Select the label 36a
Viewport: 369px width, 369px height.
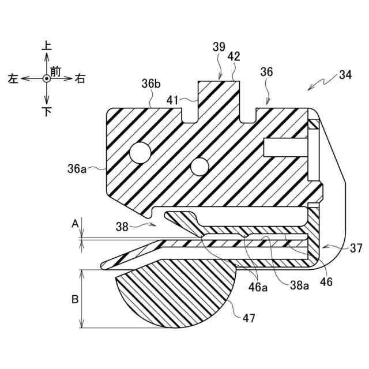[x=78, y=170]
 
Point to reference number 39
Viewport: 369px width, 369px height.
[x=219, y=48]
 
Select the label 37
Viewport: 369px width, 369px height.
[x=356, y=248]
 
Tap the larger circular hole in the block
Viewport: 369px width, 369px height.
[x=140, y=153]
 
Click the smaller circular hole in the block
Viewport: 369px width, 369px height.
[x=199, y=167]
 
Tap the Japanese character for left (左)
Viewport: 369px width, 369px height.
[x=13, y=79]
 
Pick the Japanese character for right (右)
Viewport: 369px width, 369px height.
[x=80, y=79]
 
